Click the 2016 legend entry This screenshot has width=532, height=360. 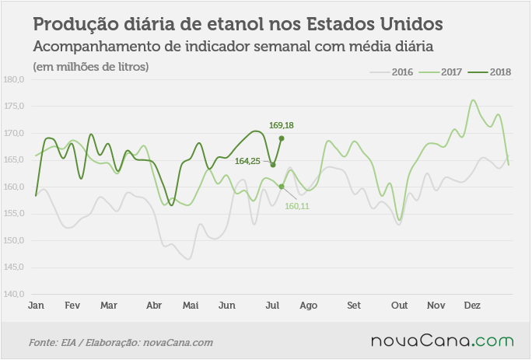[391, 72]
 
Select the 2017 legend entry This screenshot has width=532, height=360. [440, 72]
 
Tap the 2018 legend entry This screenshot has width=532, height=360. [489, 72]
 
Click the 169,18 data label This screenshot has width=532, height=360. [282, 125]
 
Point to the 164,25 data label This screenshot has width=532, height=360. [247, 161]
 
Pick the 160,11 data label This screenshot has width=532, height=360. [297, 206]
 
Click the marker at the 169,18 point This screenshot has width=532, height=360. [282, 138]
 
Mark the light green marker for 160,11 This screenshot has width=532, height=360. [282, 187]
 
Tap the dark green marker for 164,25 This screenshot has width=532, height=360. [273, 165]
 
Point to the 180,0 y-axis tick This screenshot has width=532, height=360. [14, 80]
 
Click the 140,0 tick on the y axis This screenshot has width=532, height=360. [14, 294]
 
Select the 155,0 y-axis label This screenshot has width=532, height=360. [14, 213]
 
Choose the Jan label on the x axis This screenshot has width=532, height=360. [36, 306]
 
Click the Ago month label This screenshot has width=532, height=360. [309, 306]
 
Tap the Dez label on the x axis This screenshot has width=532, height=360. [472, 306]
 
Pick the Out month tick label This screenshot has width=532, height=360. [399, 306]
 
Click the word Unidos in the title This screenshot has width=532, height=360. [411, 24]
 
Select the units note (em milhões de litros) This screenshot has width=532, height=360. [91, 67]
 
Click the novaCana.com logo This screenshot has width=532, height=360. [443, 341]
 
